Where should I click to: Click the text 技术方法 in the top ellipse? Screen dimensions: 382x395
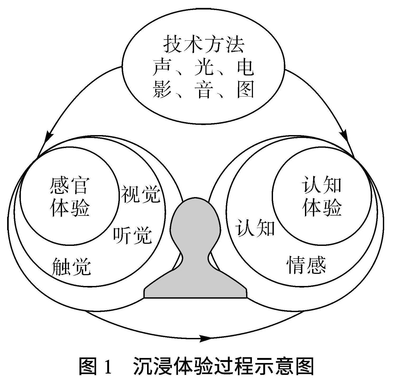[x=204, y=45]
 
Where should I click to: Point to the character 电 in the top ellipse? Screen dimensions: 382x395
[x=245, y=68]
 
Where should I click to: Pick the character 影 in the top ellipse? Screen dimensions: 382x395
[x=161, y=89]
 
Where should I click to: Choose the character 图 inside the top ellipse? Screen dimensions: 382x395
[x=245, y=89]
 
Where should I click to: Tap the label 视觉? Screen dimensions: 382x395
[x=140, y=194]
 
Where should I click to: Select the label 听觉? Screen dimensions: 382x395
[x=133, y=235]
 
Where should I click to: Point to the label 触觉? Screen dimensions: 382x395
[x=71, y=267]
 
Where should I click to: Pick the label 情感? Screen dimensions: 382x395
[x=306, y=265]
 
